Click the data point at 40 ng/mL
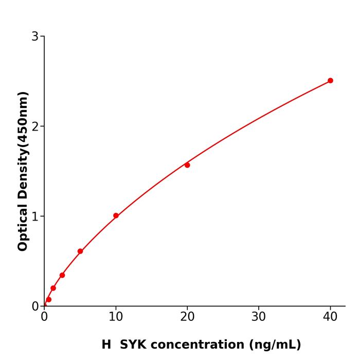tap(330, 81)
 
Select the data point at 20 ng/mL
tap(187, 165)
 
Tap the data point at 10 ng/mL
tap(116, 216)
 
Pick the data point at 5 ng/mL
tap(80, 251)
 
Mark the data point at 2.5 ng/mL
tap(62, 275)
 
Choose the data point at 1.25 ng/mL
tap(53, 288)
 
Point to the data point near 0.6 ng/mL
tap(48, 299)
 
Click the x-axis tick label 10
tap(116, 317)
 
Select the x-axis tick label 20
tap(187, 317)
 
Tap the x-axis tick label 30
tap(259, 317)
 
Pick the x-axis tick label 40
tap(330, 317)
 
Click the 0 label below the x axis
tap(44, 317)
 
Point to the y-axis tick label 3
tap(35, 37)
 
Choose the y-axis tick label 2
tap(35, 127)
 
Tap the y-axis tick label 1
tap(35, 217)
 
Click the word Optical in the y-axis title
tap(23, 226)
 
